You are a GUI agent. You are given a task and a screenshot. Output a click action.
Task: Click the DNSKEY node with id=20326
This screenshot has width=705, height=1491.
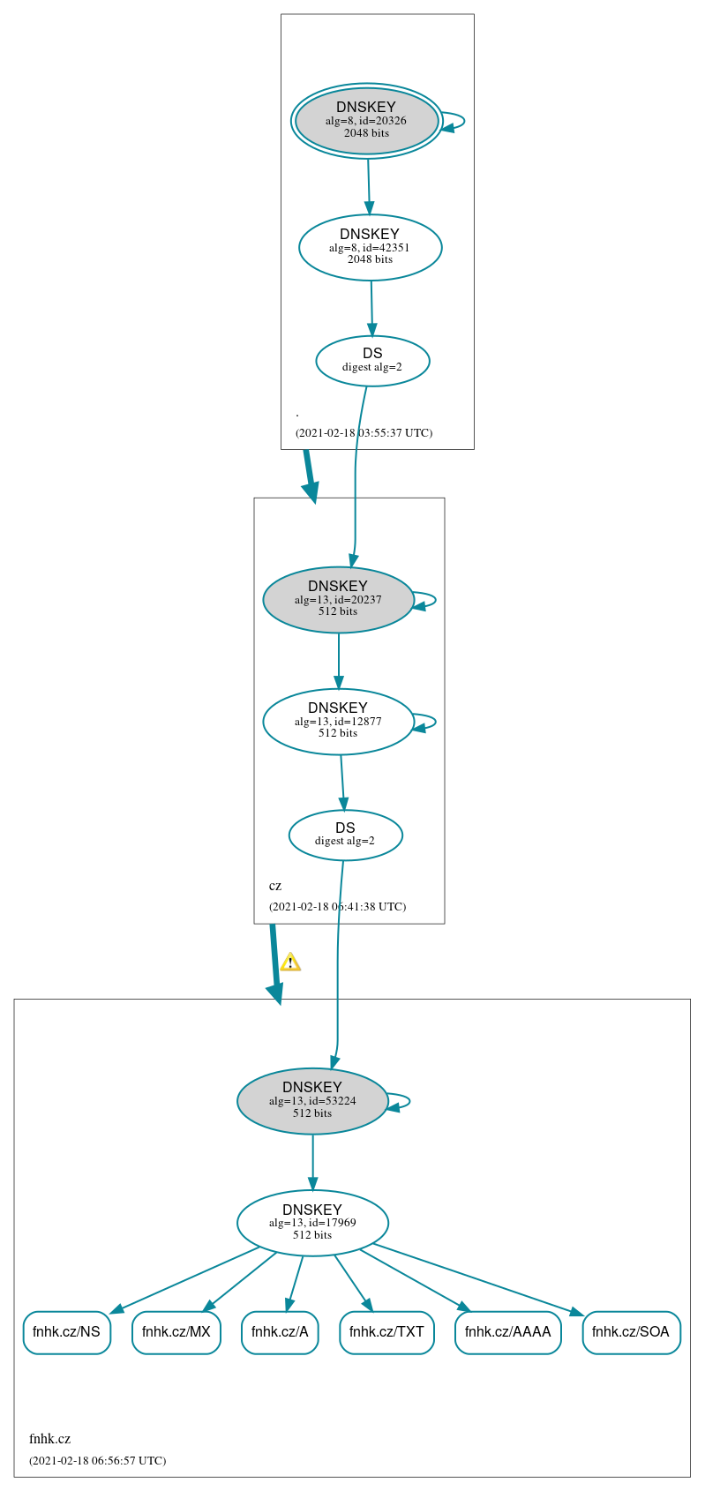[366, 121]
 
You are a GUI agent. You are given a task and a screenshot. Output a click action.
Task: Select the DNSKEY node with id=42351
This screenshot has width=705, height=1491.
[370, 247]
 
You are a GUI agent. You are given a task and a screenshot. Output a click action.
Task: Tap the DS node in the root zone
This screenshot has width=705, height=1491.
[372, 361]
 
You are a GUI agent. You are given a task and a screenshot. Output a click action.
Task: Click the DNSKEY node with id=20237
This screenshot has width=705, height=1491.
[338, 600]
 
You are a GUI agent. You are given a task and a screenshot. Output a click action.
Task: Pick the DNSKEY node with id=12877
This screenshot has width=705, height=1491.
[338, 722]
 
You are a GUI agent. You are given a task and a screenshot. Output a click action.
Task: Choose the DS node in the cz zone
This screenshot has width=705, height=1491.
[345, 835]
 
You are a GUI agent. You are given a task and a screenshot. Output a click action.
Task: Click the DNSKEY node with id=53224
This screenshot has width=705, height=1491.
[312, 1101]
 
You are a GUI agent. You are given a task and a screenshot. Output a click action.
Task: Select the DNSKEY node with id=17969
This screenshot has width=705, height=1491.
[312, 1223]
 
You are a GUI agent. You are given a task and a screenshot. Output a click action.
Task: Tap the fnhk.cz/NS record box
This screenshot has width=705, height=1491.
[66, 1332]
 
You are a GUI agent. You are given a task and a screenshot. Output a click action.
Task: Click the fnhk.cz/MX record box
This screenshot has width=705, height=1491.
[176, 1332]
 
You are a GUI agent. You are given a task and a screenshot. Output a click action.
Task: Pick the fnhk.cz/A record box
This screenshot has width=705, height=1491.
[280, 1332]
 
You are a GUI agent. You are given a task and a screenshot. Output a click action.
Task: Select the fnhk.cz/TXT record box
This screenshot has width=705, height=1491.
[386, 1332]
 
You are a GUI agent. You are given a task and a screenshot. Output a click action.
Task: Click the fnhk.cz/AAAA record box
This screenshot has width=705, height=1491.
[507, 1332]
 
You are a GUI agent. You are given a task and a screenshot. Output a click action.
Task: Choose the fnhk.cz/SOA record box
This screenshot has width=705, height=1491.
[631, 1332]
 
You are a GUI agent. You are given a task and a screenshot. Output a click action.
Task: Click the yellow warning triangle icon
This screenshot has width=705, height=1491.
[290, 962]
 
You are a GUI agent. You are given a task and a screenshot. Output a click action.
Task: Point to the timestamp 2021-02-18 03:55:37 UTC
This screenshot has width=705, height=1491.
[364, 433]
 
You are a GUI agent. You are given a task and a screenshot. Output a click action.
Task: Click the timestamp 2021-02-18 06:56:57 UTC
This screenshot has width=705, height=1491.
[97, 1460]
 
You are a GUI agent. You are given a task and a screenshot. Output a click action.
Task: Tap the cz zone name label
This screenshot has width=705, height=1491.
[275, 886]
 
